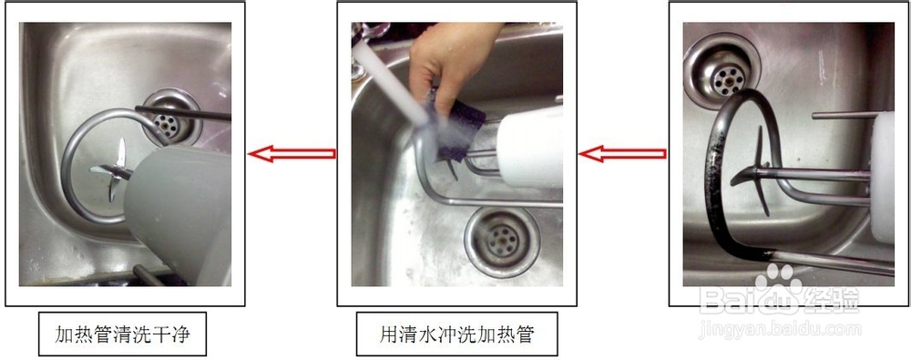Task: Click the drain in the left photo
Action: [x=168, y=117]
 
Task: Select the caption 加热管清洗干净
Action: [x=122, y=335]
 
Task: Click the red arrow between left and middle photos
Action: [x=292, y=153]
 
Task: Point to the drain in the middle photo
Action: [x=499, y=240]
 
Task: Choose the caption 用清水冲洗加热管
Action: [x=456, y=335]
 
